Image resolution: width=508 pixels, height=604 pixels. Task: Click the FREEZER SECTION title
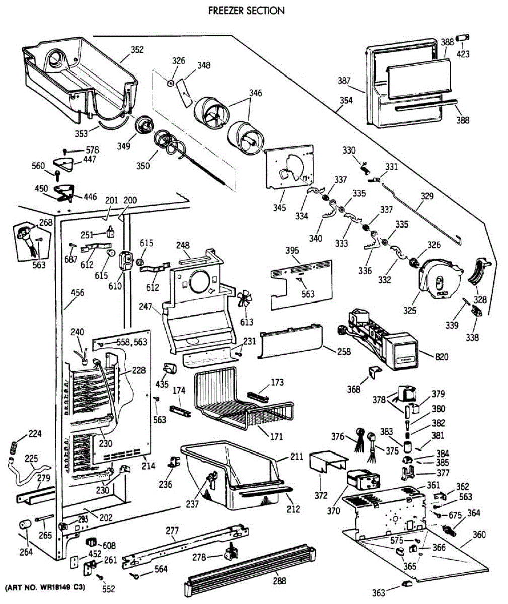pyautogui.click(x=246, y=10)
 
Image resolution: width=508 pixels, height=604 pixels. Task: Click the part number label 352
pyautogui.click(x=137, y=50)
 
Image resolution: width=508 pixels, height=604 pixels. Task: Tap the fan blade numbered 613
pyautogui.click(x=246, y=302)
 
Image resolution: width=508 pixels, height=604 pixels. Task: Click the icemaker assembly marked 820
pyautogui.click(x=383, y=342)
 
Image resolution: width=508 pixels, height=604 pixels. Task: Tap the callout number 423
pyautogui.click(x=463, y=54)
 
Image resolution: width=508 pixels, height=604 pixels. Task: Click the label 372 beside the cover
pyautogui.click(x=321, y=496)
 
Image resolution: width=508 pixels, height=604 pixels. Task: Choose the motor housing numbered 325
pyautogui.click(x=438, y=279)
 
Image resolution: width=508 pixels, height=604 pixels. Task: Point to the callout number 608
pyautogui.click(x=109, y=546)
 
